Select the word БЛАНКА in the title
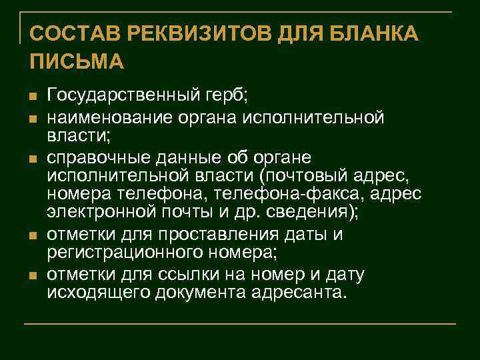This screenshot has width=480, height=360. (x=379, y=33)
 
